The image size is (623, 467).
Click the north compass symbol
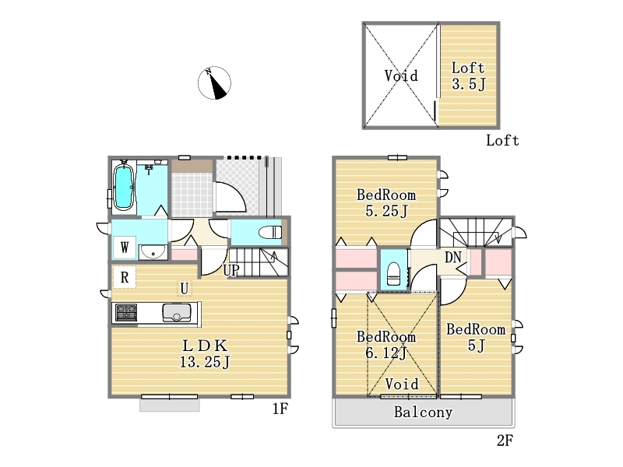coord(214,83)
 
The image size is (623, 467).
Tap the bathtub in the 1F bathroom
coord(124,186)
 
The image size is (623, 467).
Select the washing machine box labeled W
coord(125,248)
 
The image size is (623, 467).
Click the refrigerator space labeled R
coord(125,277)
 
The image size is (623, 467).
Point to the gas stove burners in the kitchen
coord(126,312)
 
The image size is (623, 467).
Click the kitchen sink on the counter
coord(177,312)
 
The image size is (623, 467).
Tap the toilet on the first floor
coord(269,232)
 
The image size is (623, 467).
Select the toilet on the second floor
coord(393,274)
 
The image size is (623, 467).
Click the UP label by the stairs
coord(231,270)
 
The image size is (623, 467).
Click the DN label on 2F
coord(453,258)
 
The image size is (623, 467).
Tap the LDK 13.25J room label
coord(205,354)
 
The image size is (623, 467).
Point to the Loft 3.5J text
coord(469,75)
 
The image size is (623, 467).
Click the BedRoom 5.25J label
coord(386,203)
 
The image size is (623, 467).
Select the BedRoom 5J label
coord(476,338)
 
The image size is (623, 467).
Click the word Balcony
coord(423,413)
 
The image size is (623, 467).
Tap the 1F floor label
coord(280,409)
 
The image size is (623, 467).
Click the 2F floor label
coord(505,441)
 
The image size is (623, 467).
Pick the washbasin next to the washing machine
coord(153,251)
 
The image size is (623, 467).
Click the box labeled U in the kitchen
coord(185,288)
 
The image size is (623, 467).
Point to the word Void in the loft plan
coord(401,75)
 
